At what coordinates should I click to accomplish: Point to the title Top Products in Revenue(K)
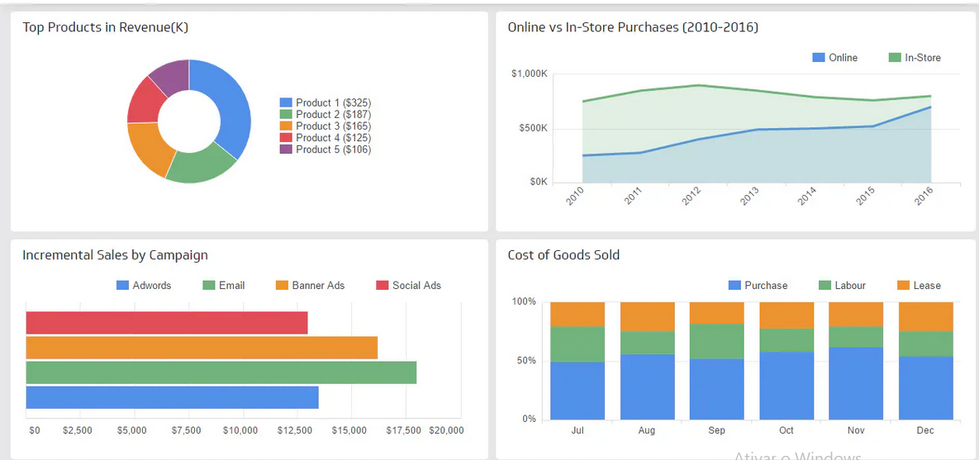106,27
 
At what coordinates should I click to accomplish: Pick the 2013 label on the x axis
749,197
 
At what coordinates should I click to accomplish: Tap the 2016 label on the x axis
924,197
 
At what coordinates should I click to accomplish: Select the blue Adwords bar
172,397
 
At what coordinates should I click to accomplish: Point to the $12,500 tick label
294,430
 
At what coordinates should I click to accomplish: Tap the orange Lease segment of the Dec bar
925,316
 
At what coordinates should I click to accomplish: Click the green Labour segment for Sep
716,341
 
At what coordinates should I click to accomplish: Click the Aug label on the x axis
647,430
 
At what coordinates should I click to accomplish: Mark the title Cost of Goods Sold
563,255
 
